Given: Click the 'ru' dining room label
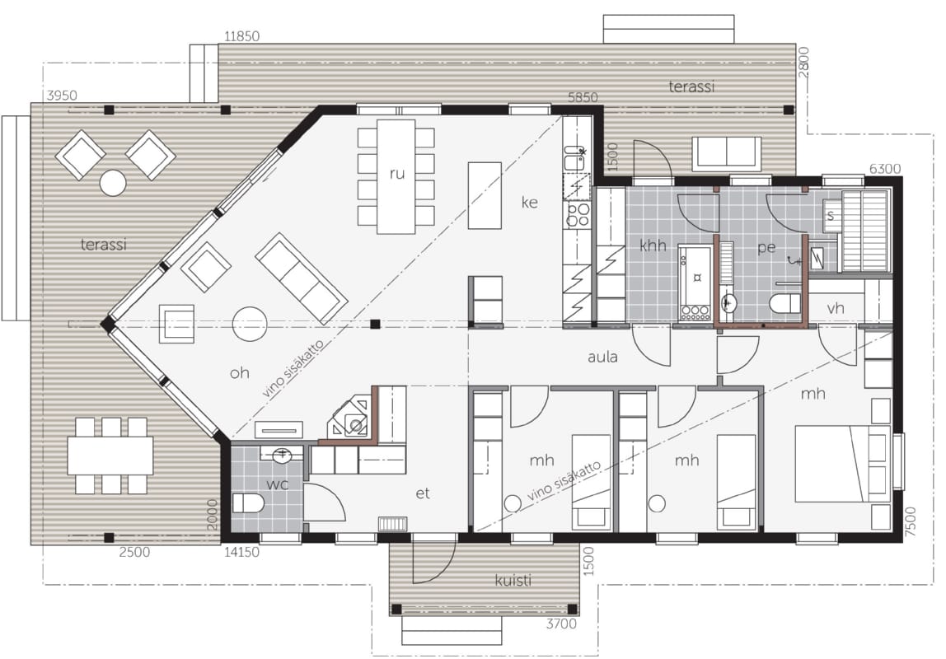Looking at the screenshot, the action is [x=396, y=174].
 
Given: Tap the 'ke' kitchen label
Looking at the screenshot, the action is [x=529, y=202].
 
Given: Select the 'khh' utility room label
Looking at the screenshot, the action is [x=653, y=245].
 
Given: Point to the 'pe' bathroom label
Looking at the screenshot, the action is [x=766, y=248].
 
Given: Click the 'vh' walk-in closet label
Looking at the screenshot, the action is [x=836, y=308].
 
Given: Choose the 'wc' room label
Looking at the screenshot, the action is [x=278, y=484].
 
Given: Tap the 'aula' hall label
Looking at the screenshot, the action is [x=602, y=357].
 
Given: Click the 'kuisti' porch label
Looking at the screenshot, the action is [x=513, y=580].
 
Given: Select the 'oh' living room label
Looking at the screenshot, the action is [x=240, y=372].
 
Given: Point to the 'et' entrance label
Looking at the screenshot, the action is [x=423, y=493].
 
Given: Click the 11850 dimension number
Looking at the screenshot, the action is [x=242, y=36].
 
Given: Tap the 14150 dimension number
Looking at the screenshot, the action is [x=242, y=552].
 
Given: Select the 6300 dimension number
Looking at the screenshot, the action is [x=885, y=169].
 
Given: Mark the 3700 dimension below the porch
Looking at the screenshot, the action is [x=562, y=624].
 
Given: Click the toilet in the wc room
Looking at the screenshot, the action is [x=248, y=502].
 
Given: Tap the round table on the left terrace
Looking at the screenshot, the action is [x=113, y=183].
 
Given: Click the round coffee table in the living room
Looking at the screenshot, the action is [x=250, y=324].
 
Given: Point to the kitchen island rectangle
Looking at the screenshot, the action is [x=485, y=195].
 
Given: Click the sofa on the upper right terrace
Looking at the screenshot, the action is [x=727, y=154].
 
